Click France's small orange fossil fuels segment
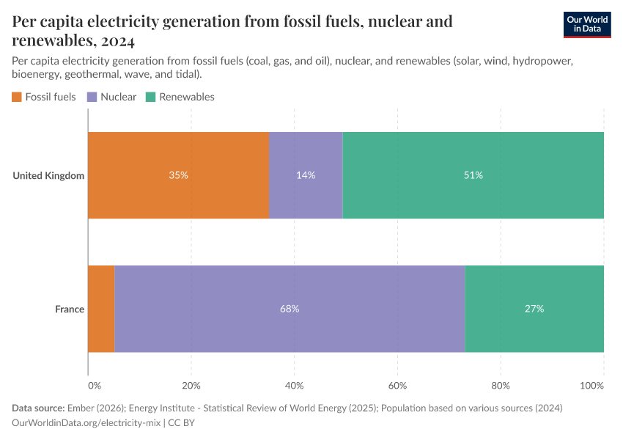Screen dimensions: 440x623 (x=101, y=309)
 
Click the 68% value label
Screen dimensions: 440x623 (x=290, y=309)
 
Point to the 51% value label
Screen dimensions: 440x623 (x=473, y=175)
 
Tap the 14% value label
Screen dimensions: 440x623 (x=306, y=175)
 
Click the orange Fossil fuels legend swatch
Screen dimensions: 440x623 (x=17, y=97)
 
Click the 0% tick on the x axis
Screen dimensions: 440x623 (x=94, y=385)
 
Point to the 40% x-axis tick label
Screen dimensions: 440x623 (x=294, y=385)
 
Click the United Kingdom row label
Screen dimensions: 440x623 (x=48, y=175)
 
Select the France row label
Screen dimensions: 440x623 (x=70, y=309)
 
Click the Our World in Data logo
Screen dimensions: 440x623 (x=586, y=24)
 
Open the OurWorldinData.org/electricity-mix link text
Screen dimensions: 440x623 (x=86, y=422)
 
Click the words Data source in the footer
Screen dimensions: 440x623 (x=38, y=408)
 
